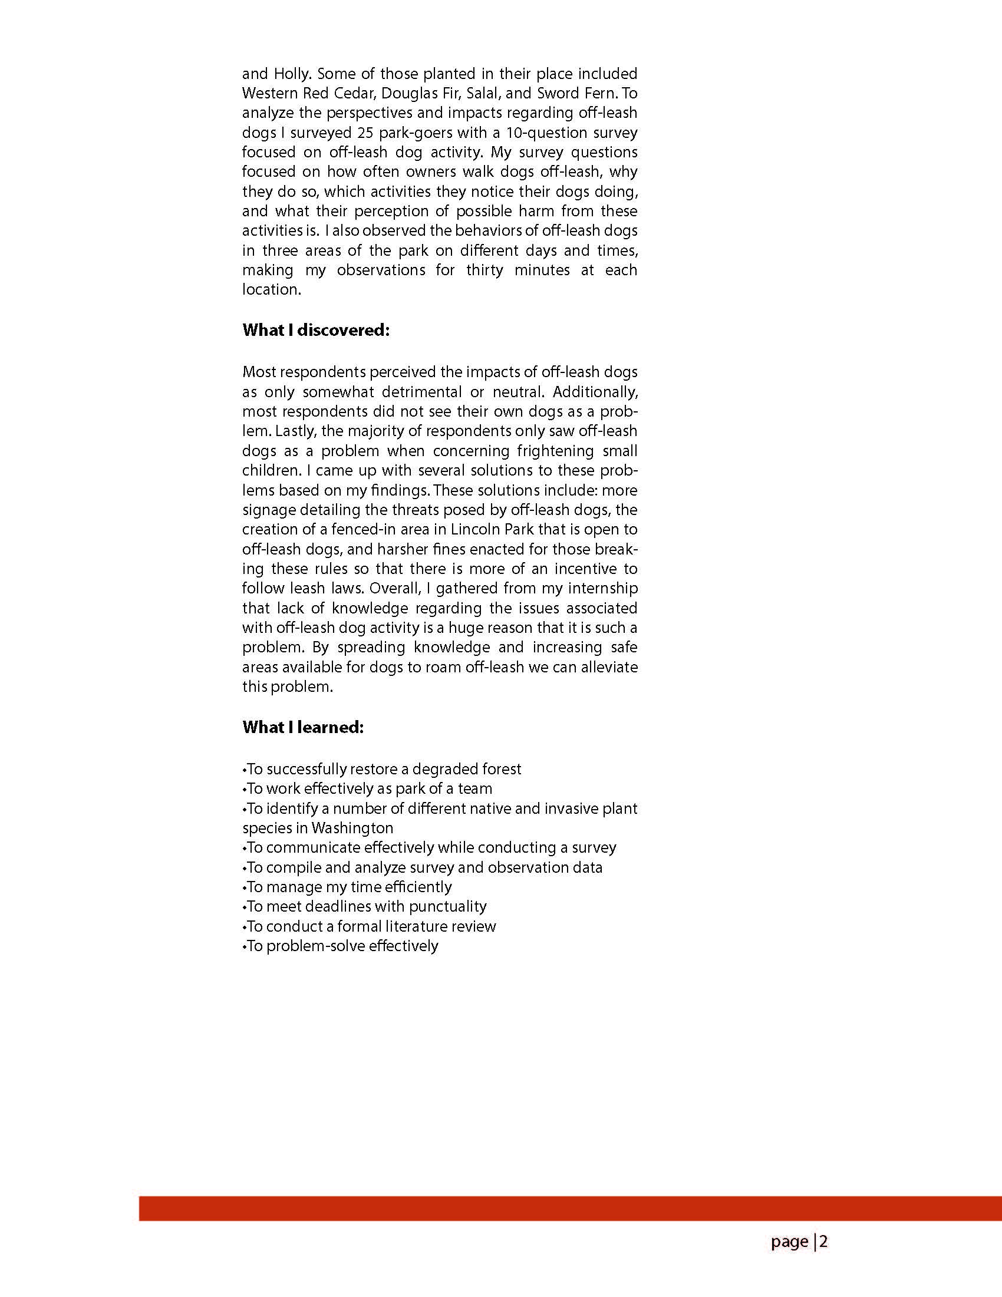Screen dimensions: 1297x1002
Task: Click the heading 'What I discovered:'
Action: click(x=315, y=330)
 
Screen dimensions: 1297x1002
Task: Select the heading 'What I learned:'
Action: click(x=302, y=728)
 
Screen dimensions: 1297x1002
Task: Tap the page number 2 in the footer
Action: click(x=824, y=1242)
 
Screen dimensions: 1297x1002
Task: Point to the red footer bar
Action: click(x=570, y=1209)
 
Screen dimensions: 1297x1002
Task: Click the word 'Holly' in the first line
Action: click(x=292, y=74)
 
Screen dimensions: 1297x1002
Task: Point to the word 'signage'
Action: click(x=268, y=510)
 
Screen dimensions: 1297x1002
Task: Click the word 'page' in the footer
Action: click(x=790, y=1242)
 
